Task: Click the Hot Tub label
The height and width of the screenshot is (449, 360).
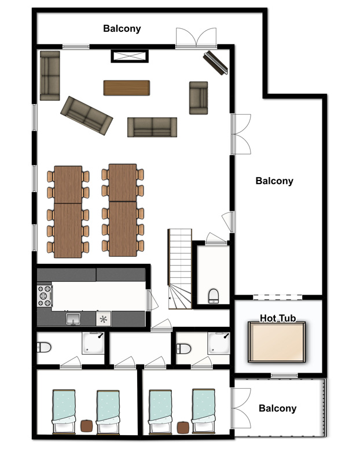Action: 278,318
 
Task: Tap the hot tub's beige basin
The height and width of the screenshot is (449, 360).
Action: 277,342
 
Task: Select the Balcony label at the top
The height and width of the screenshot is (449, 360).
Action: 122,28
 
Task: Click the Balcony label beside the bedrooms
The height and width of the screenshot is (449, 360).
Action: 277,408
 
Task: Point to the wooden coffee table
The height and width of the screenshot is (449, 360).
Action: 127,87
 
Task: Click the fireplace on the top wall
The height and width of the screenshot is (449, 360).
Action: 130,56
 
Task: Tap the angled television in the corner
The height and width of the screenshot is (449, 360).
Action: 216,62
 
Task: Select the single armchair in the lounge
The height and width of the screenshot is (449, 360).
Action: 199,98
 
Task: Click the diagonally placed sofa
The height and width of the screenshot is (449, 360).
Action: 86,115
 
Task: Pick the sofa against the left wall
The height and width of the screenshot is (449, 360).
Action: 50,76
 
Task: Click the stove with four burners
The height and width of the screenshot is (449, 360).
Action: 45,296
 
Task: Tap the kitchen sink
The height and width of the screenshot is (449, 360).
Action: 74,319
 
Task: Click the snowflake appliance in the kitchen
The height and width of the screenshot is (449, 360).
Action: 104,319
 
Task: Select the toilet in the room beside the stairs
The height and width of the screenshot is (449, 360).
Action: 214,296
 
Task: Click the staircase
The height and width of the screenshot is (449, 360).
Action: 179,268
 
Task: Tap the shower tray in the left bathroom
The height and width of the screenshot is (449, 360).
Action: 93,343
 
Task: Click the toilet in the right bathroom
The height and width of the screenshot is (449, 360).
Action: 183,349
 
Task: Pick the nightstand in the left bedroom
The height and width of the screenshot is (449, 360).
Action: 86,426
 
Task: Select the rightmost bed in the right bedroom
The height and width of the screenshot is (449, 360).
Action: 203,411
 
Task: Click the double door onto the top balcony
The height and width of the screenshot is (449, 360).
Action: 196,37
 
